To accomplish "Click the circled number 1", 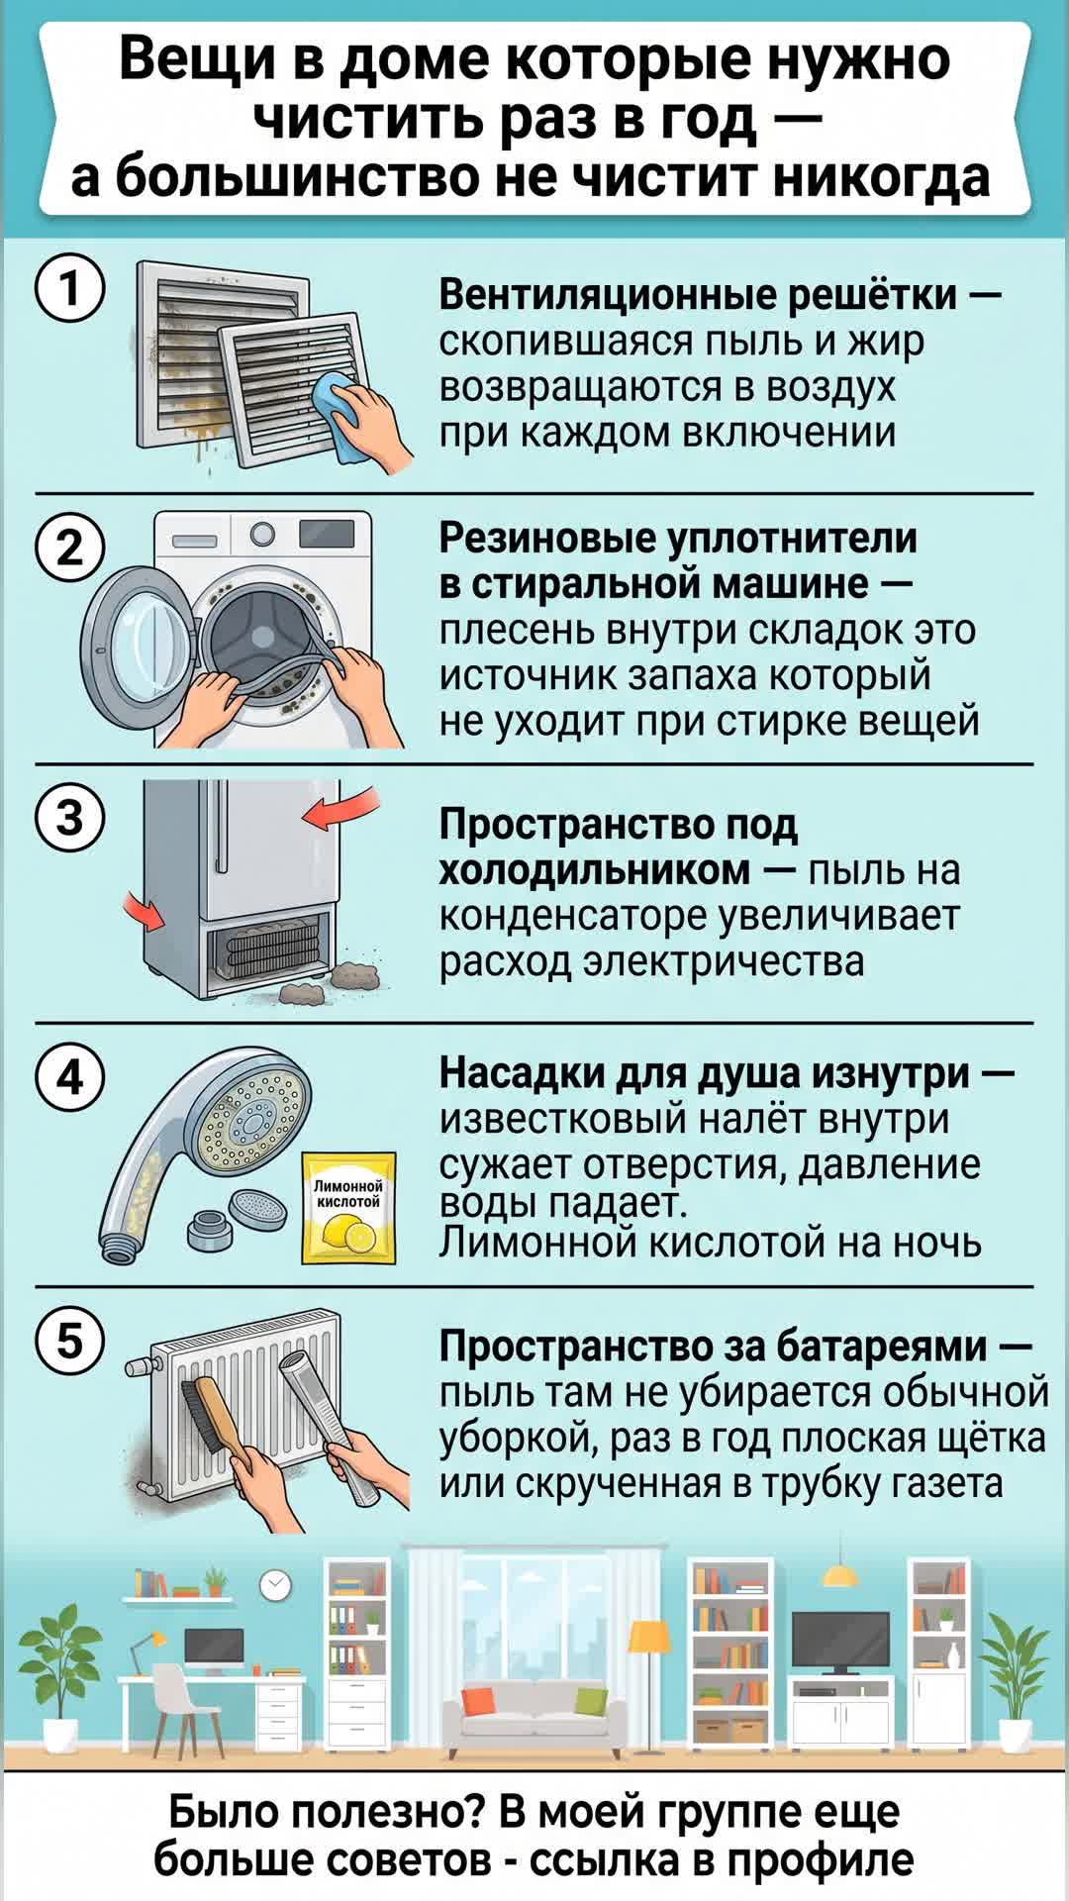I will click(69, 289).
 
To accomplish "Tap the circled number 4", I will click(69, 1076).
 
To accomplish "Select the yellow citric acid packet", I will click(348, 1208).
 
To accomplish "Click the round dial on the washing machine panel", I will click(262, 535).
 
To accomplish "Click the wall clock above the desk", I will click(275, 1585).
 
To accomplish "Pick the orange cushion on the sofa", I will click(479, 1701).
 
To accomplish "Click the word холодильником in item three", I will click(594, 870).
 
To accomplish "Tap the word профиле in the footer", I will click(831, 1858).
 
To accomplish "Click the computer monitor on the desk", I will click(213, 1647).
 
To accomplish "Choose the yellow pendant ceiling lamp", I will click(840, 1574).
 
